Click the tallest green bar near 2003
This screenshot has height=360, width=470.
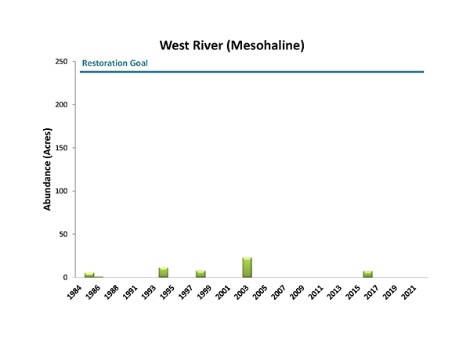pyautogui.click(x=247, y=268)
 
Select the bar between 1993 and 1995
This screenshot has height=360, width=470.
pyautogui.click(x=164, y=272)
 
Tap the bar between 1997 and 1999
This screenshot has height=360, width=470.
pyautogui.click(x=201, y=274)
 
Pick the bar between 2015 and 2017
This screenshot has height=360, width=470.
pyautogui.click(x=367, y=274)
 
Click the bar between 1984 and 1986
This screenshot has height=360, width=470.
pyautogui.click(x=89, y=275)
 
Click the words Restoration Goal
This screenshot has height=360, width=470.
pyautogui.click(x=115, y=63)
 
